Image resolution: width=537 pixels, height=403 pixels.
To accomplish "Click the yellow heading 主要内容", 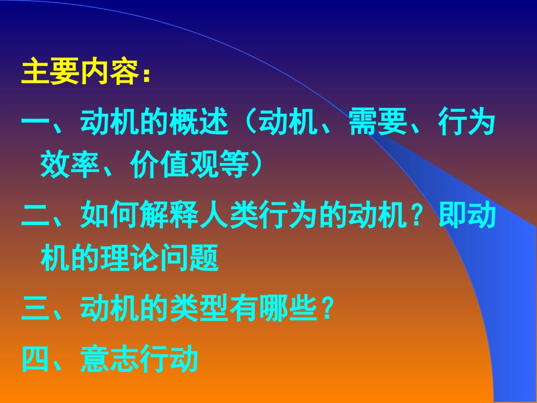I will tap(79, 73).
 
